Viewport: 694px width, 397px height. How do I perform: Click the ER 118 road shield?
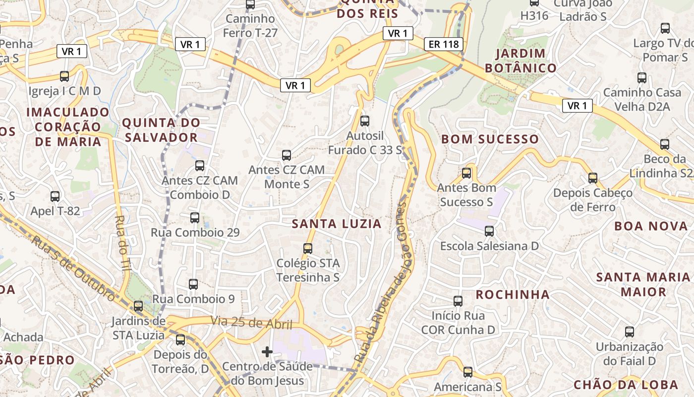(444, 44)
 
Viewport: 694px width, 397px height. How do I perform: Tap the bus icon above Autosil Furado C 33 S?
(365, 121)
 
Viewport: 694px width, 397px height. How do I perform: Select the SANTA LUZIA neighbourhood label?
(337, 224)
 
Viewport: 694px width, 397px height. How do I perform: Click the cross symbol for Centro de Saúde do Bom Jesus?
(267, 352)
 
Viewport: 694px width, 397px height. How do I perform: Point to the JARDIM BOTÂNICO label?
(520, 61)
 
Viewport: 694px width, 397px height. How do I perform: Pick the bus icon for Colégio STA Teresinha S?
(308, 248)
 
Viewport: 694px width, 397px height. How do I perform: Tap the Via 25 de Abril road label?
(251, 323)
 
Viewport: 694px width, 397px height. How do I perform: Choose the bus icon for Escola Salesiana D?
(489, 231)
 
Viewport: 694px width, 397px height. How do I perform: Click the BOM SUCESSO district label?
(490, 139)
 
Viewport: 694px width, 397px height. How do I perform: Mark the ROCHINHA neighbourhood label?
(513, 295)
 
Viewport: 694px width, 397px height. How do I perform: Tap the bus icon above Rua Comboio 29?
(195, 217)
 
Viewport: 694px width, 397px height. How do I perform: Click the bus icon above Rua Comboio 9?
(193, 284)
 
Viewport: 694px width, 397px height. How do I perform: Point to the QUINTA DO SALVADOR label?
(161, 130)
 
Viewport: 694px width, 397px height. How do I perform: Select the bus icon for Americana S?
(467, 372)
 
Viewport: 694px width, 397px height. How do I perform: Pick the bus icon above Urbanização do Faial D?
(630, 331)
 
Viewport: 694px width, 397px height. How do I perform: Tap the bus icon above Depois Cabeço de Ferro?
(593, 178)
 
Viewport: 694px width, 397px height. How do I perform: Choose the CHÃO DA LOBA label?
(626, 385)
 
